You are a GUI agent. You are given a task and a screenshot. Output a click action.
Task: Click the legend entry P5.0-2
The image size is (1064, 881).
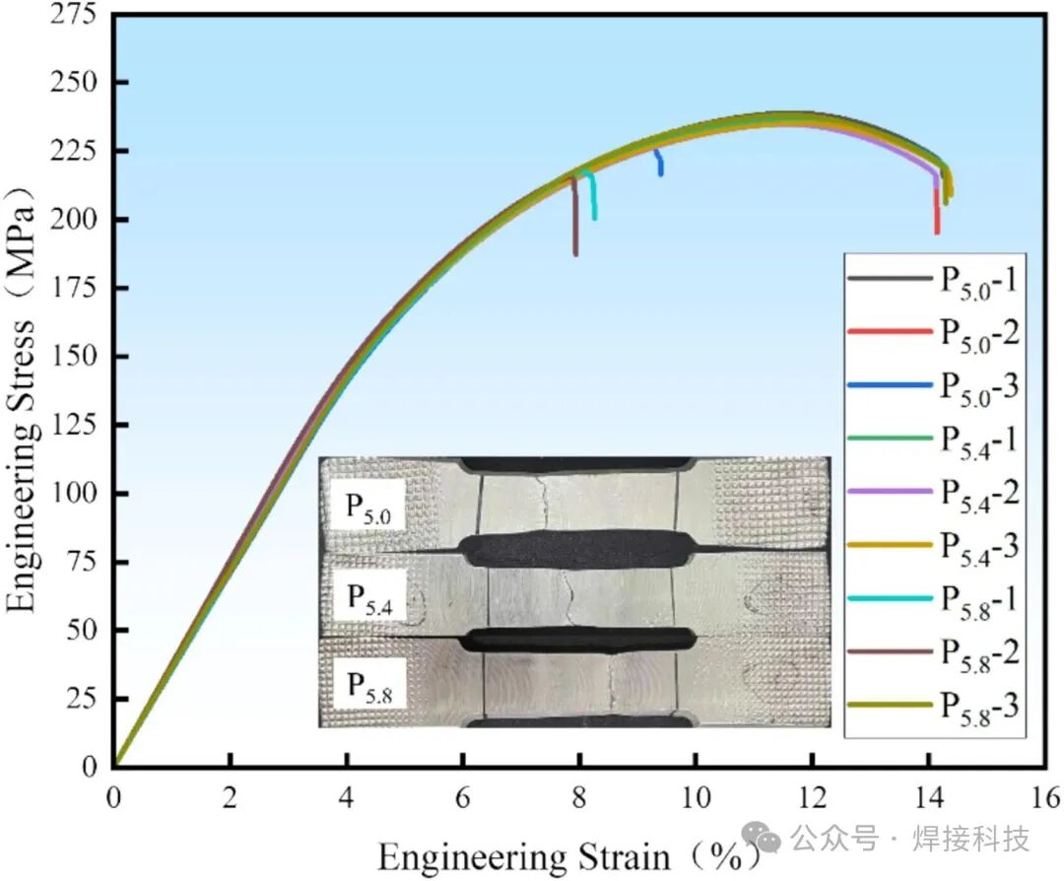point(934,332)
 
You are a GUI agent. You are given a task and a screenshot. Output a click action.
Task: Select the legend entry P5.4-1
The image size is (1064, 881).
point(934,440)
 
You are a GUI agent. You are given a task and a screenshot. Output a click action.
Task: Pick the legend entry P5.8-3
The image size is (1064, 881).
point(934,707)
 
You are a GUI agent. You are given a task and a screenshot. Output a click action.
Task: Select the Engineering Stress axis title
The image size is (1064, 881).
point(21,400)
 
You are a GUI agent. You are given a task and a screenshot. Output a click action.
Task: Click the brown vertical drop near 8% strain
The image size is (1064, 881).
point(574,216)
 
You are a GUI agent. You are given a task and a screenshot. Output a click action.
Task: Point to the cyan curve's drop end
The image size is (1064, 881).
point(595,218)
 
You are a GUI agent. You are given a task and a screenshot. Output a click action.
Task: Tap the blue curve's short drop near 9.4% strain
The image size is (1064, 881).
point(659,163)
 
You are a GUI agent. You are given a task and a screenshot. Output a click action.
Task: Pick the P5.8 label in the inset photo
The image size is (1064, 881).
point(369,687)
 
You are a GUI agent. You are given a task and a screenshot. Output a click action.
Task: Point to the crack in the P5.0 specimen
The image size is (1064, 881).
point(544,505)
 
